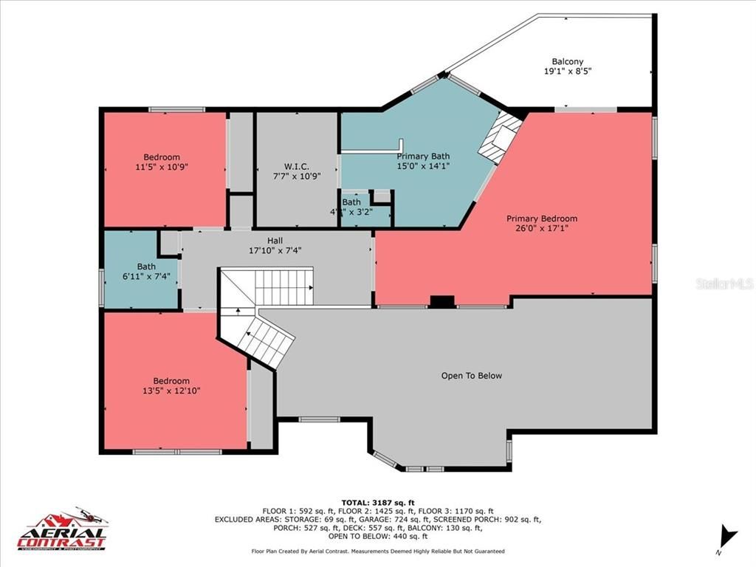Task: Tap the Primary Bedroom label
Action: (x=541, y=219)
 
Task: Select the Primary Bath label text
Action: (x=423, y=156)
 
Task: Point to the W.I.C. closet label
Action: (x=296, y=166)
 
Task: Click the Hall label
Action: (x=275, y=240)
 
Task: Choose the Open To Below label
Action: (x=471, y=376)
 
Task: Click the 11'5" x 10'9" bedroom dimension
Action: (x=161, y=168)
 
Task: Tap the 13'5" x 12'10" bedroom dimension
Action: (x=171, y=391)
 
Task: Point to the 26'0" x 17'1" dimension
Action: (x=541, y=228)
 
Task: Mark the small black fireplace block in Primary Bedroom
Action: (x=442, y=301)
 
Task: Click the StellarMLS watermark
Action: (x=724, y=283)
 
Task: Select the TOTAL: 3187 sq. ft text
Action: (x=377, y=502)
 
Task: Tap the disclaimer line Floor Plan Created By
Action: (x=377, y=551)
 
